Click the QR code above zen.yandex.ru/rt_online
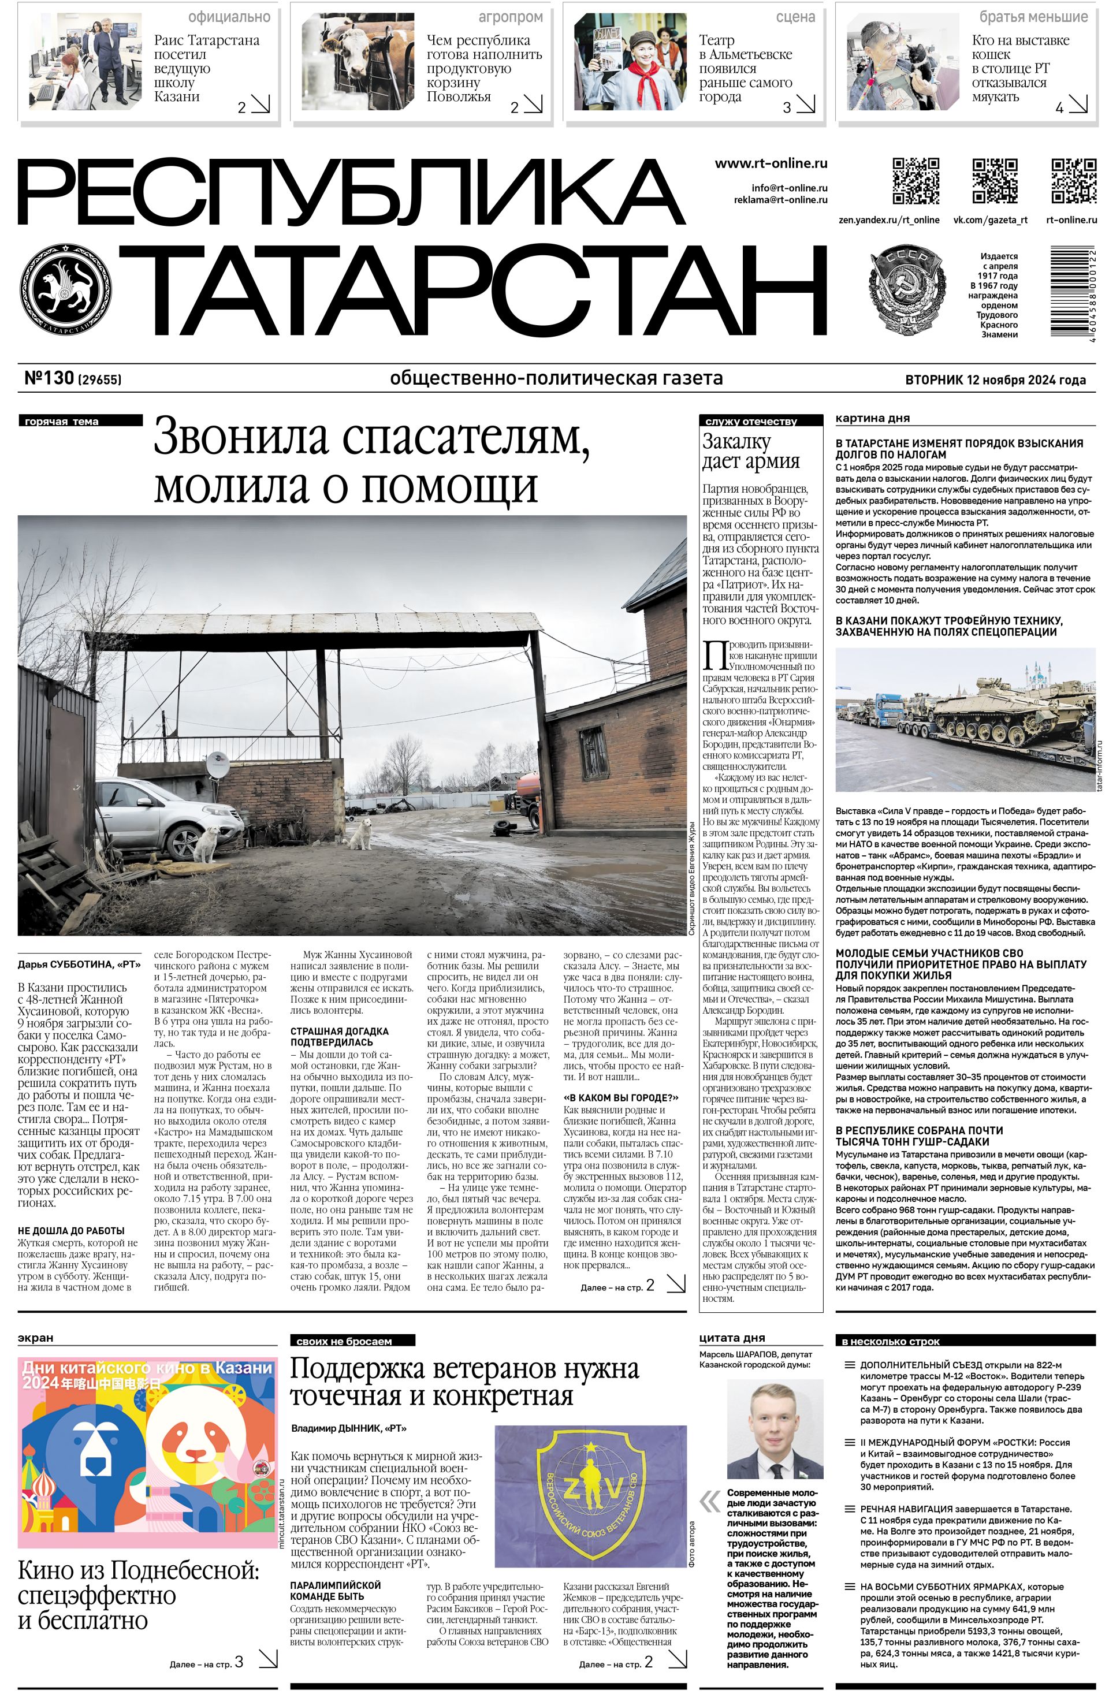tap(915, 181)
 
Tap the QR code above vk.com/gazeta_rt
tap(995, 181)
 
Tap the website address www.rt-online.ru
tap(771, 163)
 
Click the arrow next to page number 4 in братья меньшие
tap(1078, 105)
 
